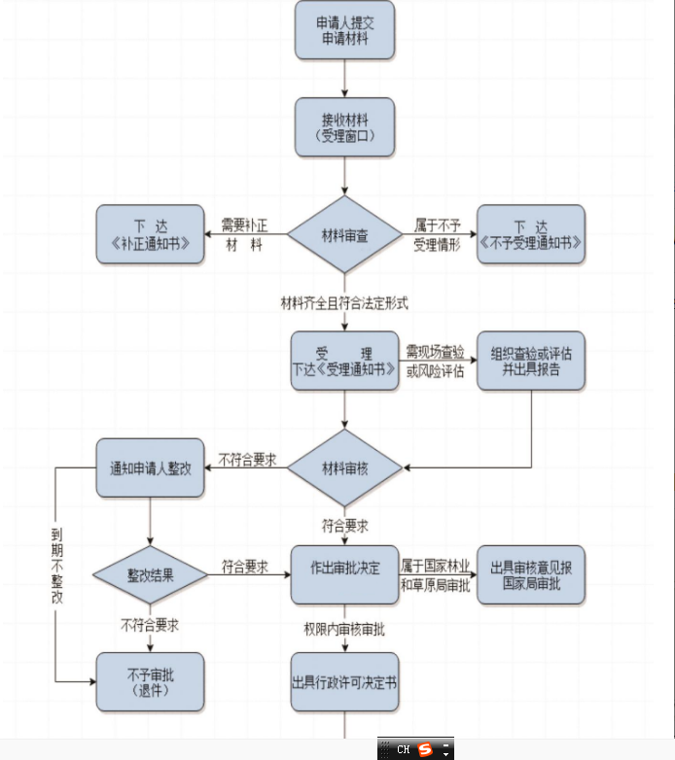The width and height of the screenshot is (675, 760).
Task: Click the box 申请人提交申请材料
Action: coord(344,29)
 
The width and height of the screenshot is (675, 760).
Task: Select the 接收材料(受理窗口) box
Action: coord(344,127)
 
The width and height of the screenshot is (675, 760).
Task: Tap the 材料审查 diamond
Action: coord(344,234)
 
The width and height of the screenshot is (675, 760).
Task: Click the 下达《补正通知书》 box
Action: coord(150,234)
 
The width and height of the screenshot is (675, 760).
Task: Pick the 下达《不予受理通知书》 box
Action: coord(531,234)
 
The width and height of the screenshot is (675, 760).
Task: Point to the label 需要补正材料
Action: coord(243,234)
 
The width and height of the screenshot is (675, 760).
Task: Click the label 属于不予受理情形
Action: coord(437,234)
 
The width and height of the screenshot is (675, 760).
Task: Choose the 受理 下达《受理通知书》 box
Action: coord(344,361)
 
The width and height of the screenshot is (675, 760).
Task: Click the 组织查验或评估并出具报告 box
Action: coord(531,361)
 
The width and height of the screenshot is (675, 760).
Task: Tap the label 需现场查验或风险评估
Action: coord(436,361)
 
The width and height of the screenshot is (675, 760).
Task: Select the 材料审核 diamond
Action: coord(344,468)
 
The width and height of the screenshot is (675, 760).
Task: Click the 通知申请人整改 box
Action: coord(150,467)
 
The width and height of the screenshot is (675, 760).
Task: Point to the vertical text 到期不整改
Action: coord(57,567)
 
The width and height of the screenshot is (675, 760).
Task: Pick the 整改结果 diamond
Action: coord(150,575)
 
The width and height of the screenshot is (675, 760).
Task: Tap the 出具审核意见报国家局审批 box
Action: coord(531,574)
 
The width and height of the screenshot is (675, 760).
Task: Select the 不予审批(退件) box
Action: coord(150,680)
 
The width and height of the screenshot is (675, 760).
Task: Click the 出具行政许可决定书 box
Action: coord(344,682)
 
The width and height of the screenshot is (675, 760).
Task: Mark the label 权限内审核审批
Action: coord(344,630)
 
